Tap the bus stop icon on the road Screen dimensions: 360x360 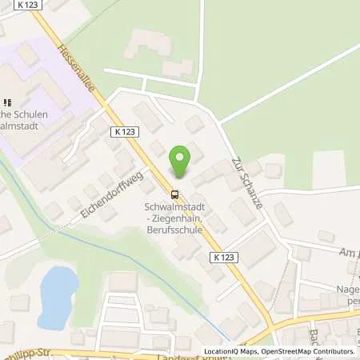[174, 193]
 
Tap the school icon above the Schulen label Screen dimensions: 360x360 [8, 102]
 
